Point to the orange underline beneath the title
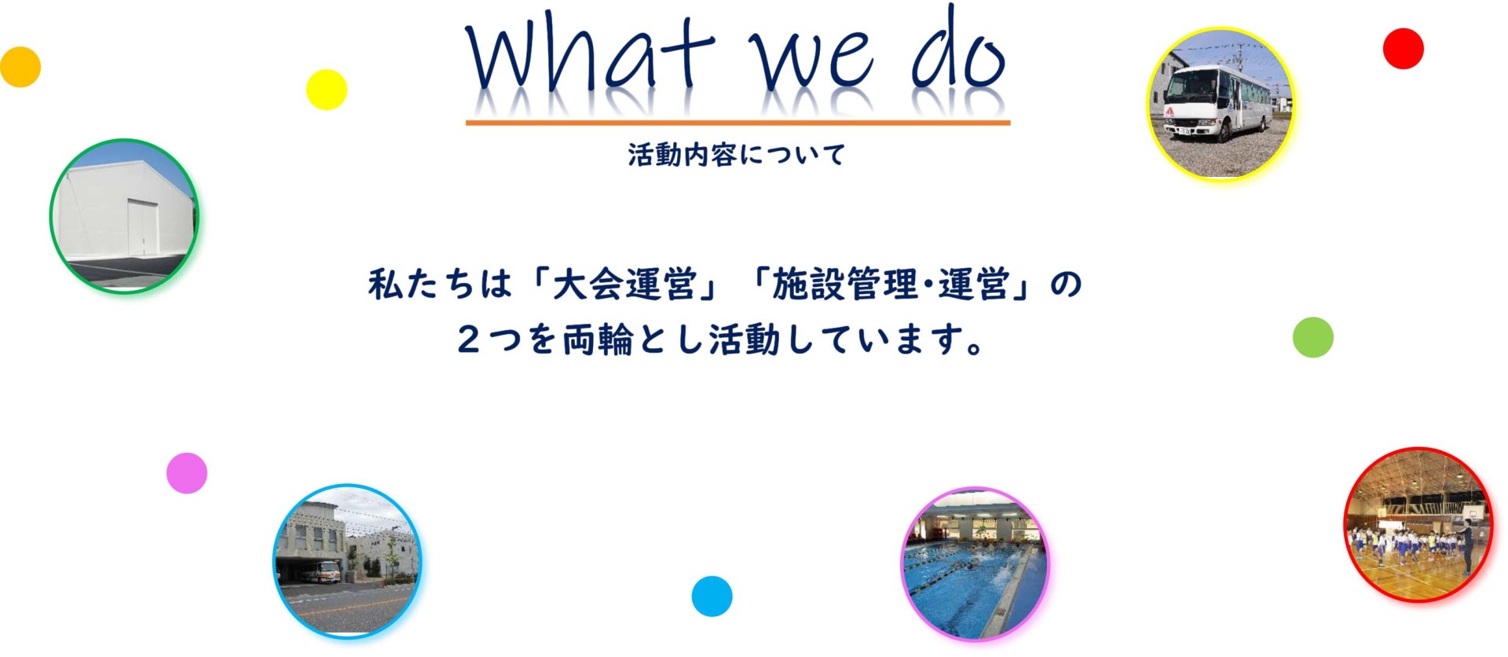(x=738, y=123)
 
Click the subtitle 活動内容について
(x=736, y=155)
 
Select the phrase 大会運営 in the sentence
(x=624, y=284)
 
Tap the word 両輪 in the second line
(x=598, y=340)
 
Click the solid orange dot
(x=20, y=67)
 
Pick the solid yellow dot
(x=327, y=90)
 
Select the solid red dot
(x=1404, y=49)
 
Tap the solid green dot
(x=1313, y=338)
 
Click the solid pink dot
(x=187, y=473)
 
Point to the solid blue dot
(x=712, y=596)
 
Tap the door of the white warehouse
(x=143, y=228)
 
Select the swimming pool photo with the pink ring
(x=975, y=564)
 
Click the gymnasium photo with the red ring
(x=1418, y=525)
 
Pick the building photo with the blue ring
(x=347, y=560)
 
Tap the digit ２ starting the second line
(x=469, y=340)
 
